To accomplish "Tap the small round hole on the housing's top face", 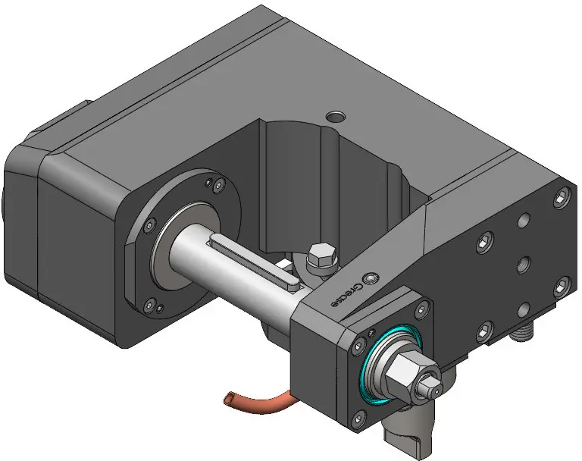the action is pyautogui.click(x=336, y=117).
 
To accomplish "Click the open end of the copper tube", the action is pyautogui.click(x=228, y=398).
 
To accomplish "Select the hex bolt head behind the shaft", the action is pyautogui.click(x=321, y=255).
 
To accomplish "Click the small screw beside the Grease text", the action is pyautogui.click(x=371, y=278).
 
